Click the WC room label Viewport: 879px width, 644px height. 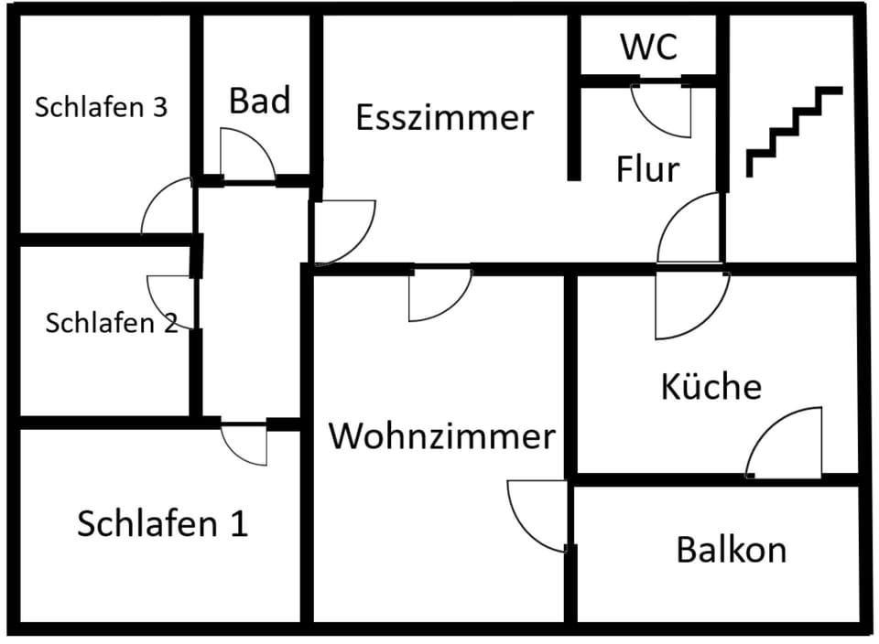coord(649,46)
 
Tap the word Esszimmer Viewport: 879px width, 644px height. coord(444,118)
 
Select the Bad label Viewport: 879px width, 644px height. coord(260,101)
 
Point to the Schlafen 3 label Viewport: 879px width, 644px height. coord(101,107)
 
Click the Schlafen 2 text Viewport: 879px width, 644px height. coord(112,322)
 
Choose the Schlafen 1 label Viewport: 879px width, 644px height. coord(162,524)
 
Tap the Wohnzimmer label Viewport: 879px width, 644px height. coord(442,436)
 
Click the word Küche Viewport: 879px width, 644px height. coord(711,386)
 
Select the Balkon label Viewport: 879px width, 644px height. coord(731,550)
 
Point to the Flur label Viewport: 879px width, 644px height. coord(647,169)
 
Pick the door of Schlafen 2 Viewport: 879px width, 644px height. coord(170,302)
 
